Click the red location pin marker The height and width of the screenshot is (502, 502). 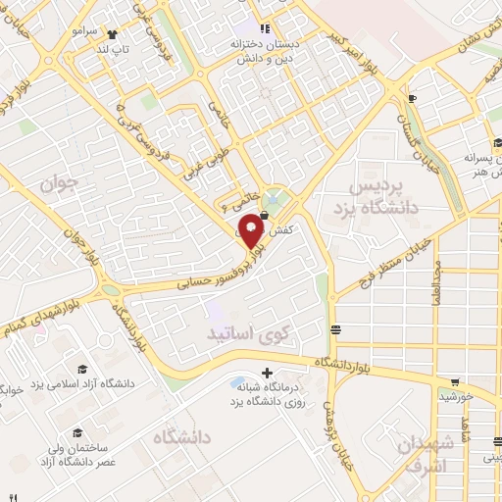252,230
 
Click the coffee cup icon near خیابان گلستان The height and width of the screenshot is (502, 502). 413,98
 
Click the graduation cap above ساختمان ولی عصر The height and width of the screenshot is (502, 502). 75,432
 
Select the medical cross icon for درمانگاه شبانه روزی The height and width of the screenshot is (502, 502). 267,371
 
